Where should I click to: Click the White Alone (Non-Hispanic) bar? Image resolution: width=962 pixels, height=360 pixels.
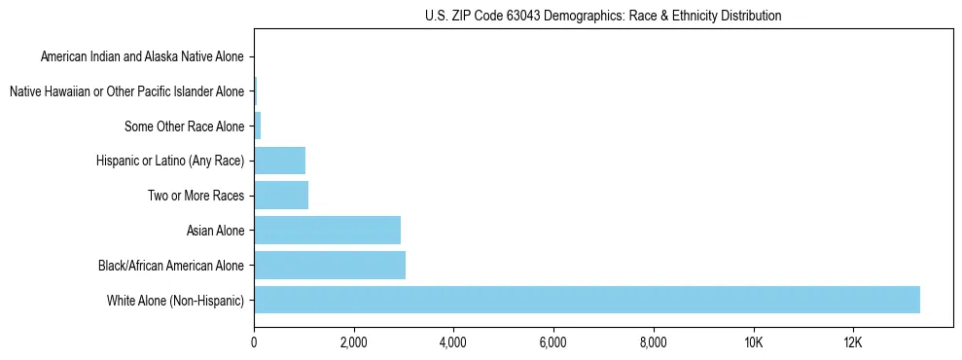click(587, 300)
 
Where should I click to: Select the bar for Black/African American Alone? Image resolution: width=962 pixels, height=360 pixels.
click(330, 265)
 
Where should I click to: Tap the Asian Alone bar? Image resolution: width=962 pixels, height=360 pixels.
click(327, 231)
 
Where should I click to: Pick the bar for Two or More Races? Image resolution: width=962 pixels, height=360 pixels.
click(281, 196)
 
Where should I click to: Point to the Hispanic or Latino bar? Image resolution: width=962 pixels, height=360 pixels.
click(279, 161)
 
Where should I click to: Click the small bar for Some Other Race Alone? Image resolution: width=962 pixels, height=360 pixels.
click(258, 126)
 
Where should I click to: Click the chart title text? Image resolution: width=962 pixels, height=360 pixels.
click(603, 16)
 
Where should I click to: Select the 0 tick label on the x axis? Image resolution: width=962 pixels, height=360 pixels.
click(254, 342)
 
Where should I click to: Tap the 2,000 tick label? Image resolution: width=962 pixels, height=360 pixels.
click(354, 342)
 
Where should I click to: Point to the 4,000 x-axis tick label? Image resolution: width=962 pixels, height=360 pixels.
click(453, 342)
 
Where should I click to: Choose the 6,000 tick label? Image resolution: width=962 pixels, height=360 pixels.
click(553, 342)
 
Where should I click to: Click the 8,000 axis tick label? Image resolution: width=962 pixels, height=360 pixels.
click(654, 342)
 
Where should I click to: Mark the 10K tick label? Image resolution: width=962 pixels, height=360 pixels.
click(753, 342)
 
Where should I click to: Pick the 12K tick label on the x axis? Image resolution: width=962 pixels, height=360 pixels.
click(853, 342)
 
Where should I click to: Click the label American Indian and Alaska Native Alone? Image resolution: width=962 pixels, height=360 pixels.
click(142, 56)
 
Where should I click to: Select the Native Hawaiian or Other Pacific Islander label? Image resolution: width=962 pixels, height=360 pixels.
click(126, 91)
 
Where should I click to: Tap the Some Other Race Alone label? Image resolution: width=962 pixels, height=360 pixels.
click(185, 126)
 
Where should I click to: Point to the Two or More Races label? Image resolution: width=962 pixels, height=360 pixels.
click(196, 196)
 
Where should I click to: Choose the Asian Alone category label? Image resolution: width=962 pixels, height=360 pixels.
click(215, 231)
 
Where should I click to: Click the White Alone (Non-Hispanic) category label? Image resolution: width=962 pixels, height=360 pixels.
click(176, 300)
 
